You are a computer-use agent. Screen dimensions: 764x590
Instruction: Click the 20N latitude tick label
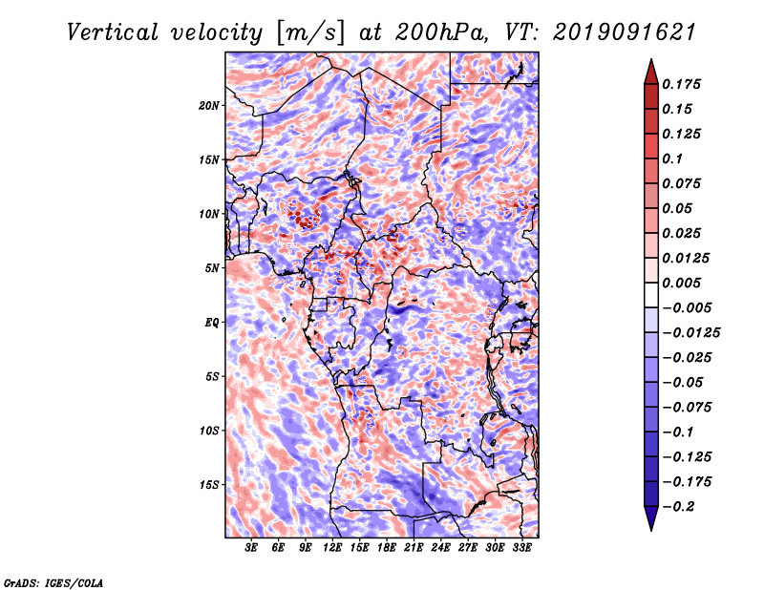pyautogui.click(x=209, y=106)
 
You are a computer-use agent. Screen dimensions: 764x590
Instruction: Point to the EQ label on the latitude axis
pyautogui.click(x=211, y=323)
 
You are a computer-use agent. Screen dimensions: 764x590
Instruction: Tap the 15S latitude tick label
pyautogui.click(x=209, y=485)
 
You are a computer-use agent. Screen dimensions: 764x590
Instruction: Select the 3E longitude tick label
pyautogui.click(x=251, y=548)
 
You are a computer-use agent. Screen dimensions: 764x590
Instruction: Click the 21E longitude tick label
pyautogui.click(x=414, y=548)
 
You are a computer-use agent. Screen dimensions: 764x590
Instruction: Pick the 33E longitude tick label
pyautogui.click(x=521, y=548)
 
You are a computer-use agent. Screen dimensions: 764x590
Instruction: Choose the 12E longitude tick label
pyautogui.click(x=332, y=548)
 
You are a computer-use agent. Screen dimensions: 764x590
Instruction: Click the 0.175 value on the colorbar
pyautogui.click(x=681, y=84)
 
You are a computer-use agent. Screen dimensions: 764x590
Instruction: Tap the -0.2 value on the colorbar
pyautogui.click(x=679, y=507)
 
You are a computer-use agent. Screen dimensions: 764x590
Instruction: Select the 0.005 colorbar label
pyautogui.click(x=681, y=283)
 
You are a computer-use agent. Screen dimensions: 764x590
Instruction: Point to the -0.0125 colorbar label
pyautogui.click(x=690, y=333)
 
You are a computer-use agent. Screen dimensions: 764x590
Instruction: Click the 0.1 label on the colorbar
pyautogui.click(x=672, y=158)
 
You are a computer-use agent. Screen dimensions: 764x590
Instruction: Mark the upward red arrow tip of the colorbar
pyautogui.click(x=651, y=60)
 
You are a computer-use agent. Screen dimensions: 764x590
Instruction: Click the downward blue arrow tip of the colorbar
pyautogui.click(x=651, y=530)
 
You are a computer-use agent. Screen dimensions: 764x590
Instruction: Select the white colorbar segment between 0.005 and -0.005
pyautogui.click(x=651, y=295)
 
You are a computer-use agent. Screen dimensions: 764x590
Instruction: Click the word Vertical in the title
pyautogui.click(x=113, y=32)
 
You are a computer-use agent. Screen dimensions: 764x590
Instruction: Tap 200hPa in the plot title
pyautogui.click(x=441, y=32)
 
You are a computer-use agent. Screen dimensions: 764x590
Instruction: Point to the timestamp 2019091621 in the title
pyautogui.click(x=625, y=32)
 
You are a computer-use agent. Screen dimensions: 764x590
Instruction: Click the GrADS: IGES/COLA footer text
pyautogui.click(x=53, y=582)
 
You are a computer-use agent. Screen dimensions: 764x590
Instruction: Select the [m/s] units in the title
pyautogui.click(x=310, y=33)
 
